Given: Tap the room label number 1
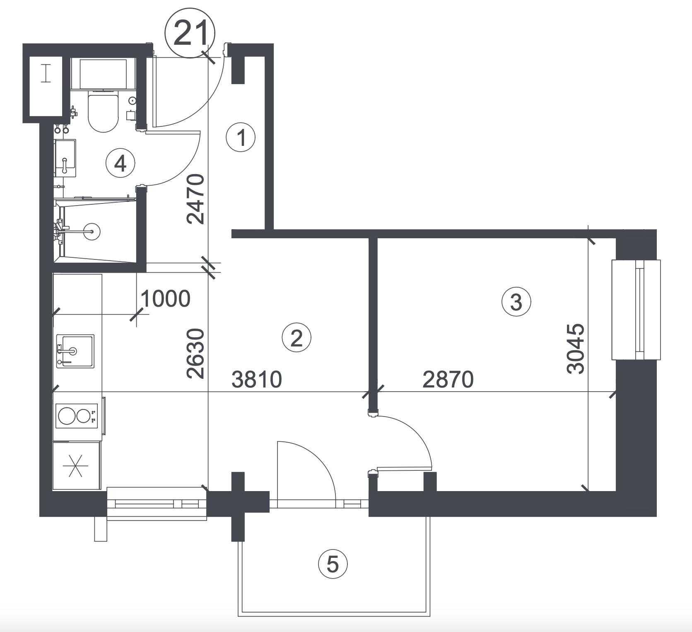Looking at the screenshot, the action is pos(241,137).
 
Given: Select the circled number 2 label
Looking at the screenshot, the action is pos(296,339).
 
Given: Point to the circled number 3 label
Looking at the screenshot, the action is pos(516,302).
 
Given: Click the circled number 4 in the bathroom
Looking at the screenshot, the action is pos(120,164).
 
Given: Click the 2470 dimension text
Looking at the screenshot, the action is pos(195,199).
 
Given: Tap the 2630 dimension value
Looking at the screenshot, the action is pos(195,354).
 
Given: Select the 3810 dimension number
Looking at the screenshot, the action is pos(257,379).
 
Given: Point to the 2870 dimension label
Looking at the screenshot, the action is pos(448,379).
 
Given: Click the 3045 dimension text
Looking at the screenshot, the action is pos(576,349).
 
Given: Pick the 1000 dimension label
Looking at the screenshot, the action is pos(166,298).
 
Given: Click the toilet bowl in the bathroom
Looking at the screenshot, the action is pos(103,112).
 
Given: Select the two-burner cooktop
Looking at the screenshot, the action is pos(77,416).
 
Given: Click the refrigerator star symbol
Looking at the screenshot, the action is pos(75,466).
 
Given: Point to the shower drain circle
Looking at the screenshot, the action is pos(92,231).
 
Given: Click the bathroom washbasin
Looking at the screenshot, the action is pos(65,158).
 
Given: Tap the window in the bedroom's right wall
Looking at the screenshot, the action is pos(636,310).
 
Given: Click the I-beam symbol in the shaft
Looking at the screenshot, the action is pos(46,74).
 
